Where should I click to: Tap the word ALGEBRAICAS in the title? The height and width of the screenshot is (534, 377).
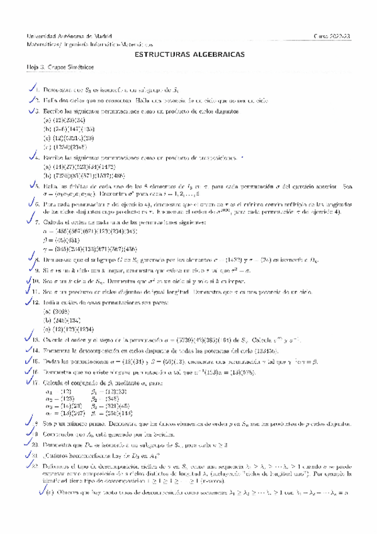coord(217,54)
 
